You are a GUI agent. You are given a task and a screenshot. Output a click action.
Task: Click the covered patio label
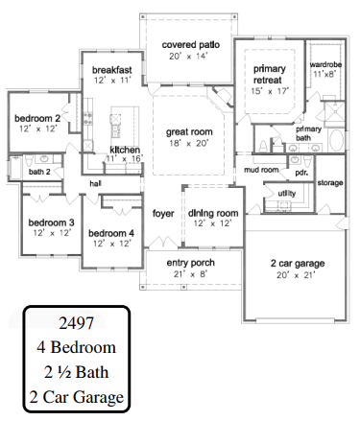(x=191, y=44)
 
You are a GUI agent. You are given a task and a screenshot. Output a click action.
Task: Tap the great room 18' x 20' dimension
(x=189, y=143)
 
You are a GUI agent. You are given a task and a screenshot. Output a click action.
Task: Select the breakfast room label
(x=112, y=70)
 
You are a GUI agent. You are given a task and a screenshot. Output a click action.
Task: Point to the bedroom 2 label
(x=37, y=118)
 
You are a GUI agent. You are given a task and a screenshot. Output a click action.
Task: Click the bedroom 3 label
(x=51, y=222)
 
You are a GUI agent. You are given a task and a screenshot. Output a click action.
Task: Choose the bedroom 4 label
(x=111, y=233)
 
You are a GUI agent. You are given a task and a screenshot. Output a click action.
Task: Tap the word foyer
(x=163, y=213)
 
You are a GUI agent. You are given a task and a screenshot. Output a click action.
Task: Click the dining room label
(x=213, y=213)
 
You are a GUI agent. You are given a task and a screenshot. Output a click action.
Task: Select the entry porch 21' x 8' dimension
(x=191, y=274)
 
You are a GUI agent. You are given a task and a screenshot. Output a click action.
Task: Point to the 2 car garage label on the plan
(x=298, y=263)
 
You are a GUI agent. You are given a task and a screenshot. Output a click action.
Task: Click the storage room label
(x=330, y=183)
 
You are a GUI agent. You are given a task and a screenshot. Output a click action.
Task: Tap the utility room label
(x=287, y=193)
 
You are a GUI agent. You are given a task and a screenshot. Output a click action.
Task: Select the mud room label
(x=261, y=170)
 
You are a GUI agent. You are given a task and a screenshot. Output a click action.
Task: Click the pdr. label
(x=301, y=173)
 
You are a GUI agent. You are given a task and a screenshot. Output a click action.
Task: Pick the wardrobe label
(x=325, y=64)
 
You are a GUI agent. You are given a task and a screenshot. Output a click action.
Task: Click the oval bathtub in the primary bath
(x=336, y=140)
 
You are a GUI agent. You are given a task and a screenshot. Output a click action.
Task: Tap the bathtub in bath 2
(x=15, y=168)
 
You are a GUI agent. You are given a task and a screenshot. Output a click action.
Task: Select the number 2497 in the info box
(x=77, y=323)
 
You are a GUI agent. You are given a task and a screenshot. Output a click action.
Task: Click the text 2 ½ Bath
(x=77, y=372)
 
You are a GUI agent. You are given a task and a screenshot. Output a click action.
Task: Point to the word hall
(x=95, y=183)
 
